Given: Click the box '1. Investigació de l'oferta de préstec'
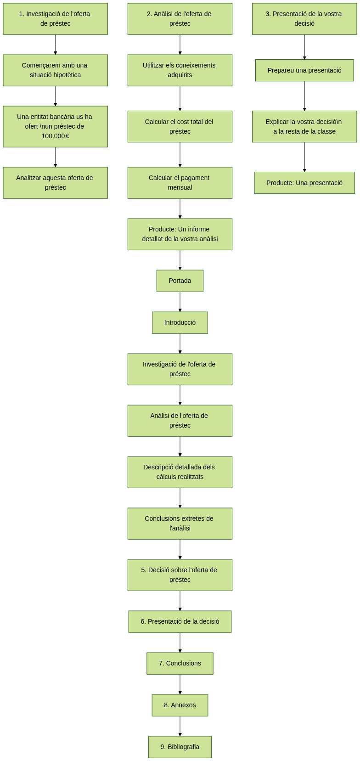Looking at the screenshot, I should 55,19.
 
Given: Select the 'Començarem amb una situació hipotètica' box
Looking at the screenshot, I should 55,70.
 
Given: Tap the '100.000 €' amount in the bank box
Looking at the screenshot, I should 55,136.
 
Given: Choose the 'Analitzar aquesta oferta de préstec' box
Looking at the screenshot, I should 55,183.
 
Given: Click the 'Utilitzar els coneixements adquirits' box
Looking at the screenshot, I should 180,70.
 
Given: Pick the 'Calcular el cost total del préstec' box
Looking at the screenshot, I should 180,126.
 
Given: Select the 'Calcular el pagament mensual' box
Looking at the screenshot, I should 180,183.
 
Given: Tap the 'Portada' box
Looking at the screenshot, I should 180,281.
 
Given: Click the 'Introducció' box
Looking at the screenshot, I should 180,322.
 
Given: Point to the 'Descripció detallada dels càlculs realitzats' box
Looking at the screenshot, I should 180,472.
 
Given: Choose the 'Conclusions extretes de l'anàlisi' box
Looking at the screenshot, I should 180,524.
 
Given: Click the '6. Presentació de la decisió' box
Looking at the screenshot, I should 180,621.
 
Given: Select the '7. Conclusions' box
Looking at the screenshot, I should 180,663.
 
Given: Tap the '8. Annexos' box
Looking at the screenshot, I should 180,705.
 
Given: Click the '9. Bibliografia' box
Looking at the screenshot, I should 180,747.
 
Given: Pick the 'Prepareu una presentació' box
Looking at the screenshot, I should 304,70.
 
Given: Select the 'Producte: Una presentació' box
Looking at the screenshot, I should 304,183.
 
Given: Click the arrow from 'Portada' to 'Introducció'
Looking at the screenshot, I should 180,302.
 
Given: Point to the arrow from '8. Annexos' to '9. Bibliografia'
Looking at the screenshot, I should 180,726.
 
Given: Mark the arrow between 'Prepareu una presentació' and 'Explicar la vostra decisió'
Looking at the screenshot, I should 304,96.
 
